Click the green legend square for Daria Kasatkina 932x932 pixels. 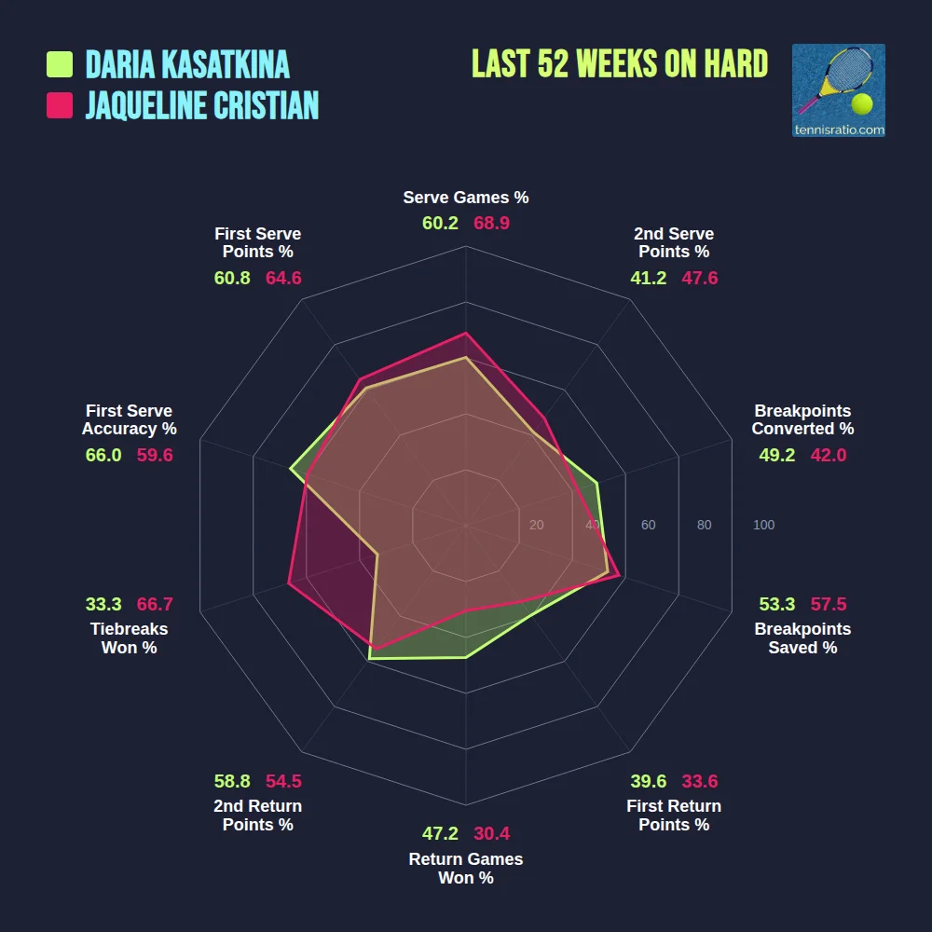tap(60, 64)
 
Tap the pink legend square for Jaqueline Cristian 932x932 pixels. tap(60, 105)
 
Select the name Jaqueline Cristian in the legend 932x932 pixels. tap(202, 105)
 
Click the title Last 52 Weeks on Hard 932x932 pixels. tap(620, 64)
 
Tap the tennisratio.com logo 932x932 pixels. tap(838, 90)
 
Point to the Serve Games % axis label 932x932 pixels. tap(466, 198)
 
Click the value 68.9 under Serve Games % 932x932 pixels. tap(491, 224)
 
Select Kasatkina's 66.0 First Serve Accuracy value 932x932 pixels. tap(103, 455)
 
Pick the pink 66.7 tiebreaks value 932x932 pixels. tap(155, 604)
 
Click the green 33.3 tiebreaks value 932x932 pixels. tap(103, 604)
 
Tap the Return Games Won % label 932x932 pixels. tap(466, 869)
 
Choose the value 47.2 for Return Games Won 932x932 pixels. tap(440, 833)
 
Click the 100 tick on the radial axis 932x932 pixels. tap(763, 526)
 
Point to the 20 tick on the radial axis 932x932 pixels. tap(536, 526)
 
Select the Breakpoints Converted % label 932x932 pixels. tap(802, 420)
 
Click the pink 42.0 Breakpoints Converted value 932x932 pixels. tap(828, 455)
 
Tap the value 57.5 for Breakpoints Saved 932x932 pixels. tap(828, 604)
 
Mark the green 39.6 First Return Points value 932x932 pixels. tap(648, 781)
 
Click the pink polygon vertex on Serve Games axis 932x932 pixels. tap(466, 333)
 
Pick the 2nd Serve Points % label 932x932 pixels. tap(674, 243)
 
